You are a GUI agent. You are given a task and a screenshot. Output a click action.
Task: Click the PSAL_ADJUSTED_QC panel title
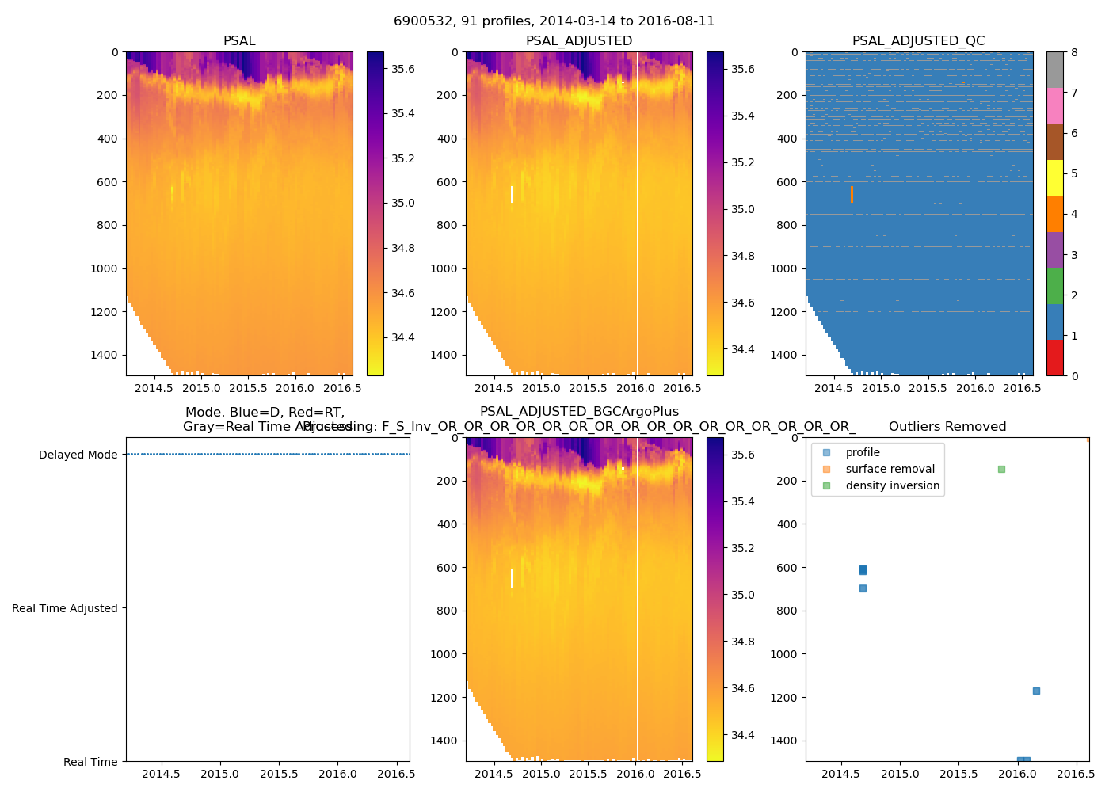(918, 41)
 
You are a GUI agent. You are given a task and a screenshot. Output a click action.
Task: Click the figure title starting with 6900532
(554, 21)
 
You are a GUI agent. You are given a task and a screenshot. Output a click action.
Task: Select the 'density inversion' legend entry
(892, 485)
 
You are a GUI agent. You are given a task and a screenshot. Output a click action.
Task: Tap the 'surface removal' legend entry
(890, 469)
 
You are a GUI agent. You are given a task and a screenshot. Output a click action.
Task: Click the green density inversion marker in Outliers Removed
(1001, 469)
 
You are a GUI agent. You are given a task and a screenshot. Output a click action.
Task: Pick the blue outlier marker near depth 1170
(1036, 691)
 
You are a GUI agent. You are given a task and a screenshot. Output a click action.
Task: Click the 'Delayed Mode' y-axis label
(78, 455)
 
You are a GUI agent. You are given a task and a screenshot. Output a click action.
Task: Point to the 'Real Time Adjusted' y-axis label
(65, 608)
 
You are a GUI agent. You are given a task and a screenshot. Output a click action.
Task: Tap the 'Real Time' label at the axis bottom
(90, 762)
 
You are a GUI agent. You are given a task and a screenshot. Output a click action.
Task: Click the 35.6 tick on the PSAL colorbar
(402, 69)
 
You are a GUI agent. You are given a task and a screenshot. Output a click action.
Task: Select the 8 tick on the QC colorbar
(1074, 52)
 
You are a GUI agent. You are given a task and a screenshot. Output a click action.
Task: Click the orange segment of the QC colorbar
(1054, 214)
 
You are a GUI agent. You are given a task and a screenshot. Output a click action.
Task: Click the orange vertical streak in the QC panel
(852, 194)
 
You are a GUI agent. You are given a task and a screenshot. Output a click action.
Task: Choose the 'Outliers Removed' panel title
(947, 427)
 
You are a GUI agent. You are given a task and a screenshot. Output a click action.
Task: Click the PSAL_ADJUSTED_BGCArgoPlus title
(579, 412)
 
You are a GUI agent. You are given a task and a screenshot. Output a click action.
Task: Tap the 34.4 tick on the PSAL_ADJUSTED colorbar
(742, 349)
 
